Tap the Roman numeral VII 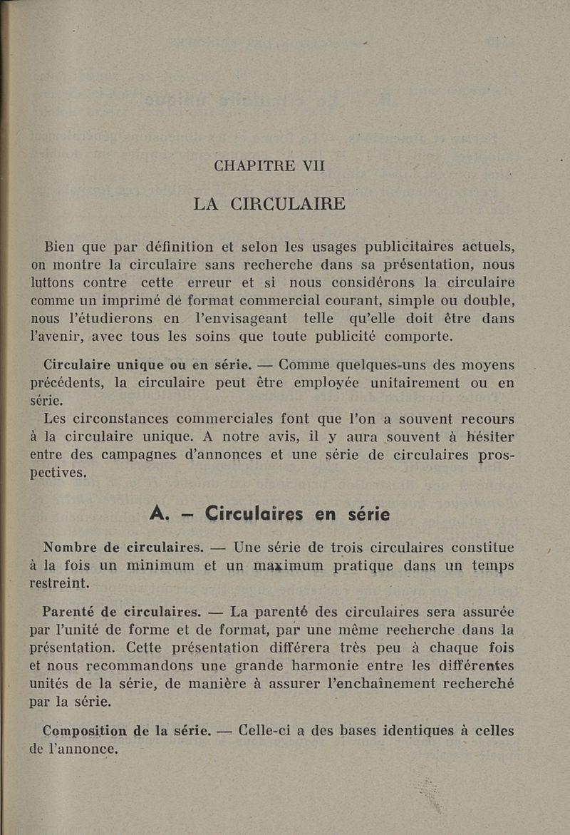[x=313, y=166]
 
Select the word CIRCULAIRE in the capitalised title [x=289, y=203]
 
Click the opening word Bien [x=65, y=247]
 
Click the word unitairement [x=406, y=383]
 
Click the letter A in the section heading [x=158, y=513]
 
